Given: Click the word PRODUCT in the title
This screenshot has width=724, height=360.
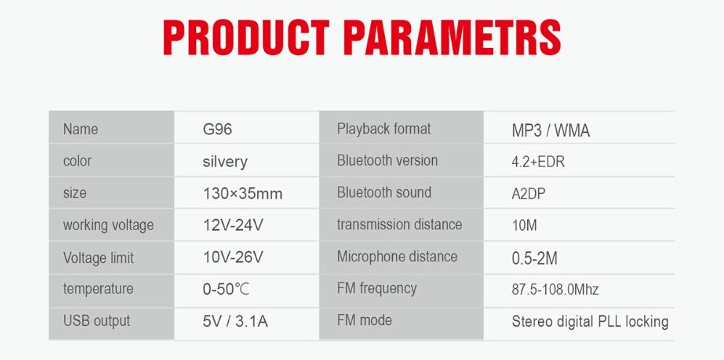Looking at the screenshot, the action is coord(247,38).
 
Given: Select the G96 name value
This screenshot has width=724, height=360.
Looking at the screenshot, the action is coord(217,128).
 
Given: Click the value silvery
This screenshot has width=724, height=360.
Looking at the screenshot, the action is coord(225,162).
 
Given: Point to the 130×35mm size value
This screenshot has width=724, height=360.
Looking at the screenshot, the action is coord(243,193).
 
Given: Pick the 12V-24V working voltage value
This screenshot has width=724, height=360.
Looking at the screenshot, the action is coord(233,225).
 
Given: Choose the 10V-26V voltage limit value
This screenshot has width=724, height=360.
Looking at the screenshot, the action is coord(233,257).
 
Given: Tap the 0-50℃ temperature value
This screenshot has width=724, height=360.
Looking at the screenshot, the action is coord(227,289).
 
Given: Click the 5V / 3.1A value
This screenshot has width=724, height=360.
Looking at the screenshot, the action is coord(235,322).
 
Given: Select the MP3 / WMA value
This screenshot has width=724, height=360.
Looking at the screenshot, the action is coord(551,131).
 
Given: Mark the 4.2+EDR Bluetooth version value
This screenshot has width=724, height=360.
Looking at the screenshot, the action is coord(538,163).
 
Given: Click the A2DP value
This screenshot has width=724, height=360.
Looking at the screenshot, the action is coord(528,194).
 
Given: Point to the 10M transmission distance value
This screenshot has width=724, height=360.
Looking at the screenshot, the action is coord(524,226).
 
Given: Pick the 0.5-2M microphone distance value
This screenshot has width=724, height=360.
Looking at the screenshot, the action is coord(534,258).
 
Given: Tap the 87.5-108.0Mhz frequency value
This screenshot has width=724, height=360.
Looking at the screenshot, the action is coord(555,290).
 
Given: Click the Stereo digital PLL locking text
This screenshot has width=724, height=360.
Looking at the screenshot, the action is coord(590,322).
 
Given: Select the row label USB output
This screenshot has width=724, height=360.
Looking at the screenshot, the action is coord(97,321).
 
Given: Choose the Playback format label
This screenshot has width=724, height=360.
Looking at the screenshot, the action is coord(383,128).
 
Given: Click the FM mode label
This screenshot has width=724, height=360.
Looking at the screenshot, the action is coord(365,320).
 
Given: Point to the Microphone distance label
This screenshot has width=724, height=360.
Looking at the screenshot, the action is coord(397,257).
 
